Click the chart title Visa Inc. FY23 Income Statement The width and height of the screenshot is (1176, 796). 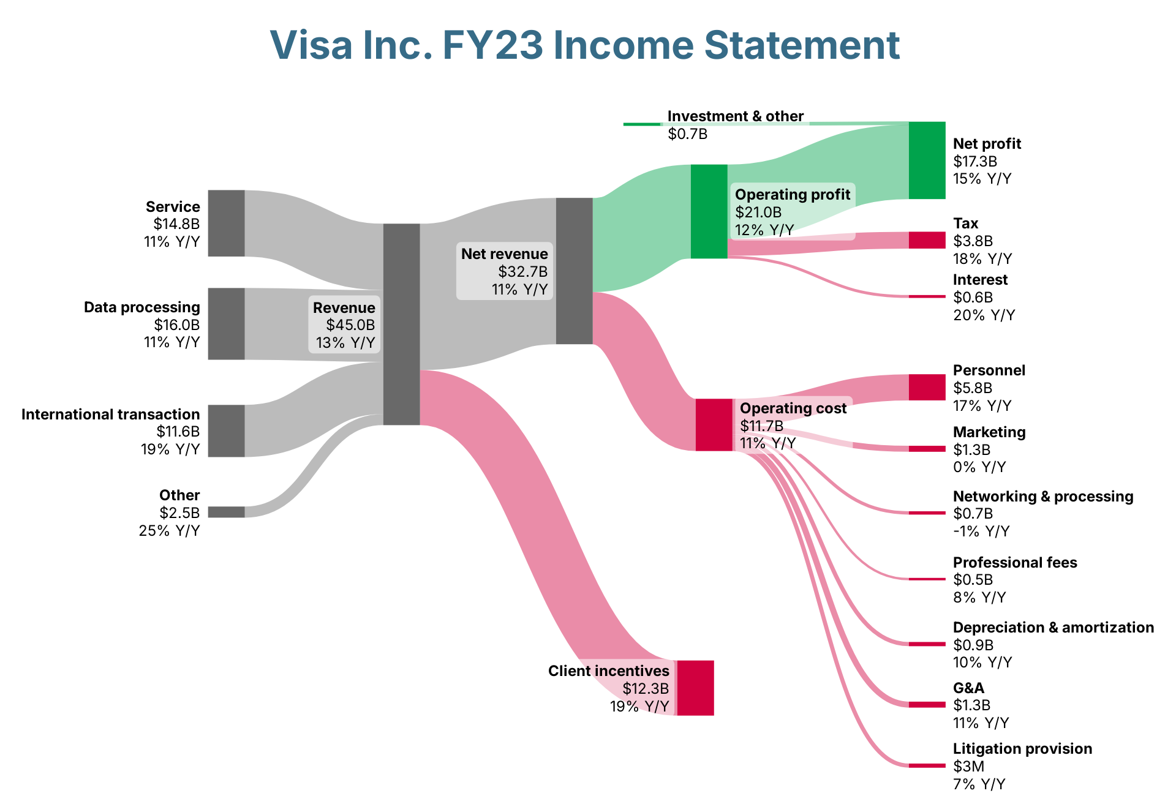(x=585, y=45)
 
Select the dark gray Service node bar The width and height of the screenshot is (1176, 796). (x=226, y=223)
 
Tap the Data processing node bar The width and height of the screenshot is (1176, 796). (x=226, y=323)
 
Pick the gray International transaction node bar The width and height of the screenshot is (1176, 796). (x=226, y=430)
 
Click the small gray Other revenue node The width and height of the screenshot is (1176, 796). (x=226, y=512)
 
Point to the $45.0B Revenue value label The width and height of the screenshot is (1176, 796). (x=350, y=325)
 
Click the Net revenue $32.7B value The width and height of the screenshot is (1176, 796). (x=522, y=271)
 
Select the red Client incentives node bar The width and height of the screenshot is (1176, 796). (x=695, y=688)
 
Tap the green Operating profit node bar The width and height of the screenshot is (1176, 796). (x=709, y=211)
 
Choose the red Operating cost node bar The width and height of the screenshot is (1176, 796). (x=714, y=424)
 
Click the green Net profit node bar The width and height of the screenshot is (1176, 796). (x=927, y=160)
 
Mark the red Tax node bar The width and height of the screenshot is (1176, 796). (x=927, y=240)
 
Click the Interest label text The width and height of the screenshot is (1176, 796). (x=980, y=280)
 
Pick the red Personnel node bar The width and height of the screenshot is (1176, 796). (x=927, y=387)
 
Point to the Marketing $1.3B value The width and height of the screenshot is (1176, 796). (x=971, y=449)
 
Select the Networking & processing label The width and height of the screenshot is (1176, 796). (x=1043, y=496)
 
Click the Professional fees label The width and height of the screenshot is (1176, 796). (x=1015, y=562)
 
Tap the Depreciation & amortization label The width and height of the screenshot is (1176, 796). (x=1053, y=628)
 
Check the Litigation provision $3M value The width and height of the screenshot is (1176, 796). (x=969, y=766)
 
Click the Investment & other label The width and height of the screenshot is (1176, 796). (x=736, y=116)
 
